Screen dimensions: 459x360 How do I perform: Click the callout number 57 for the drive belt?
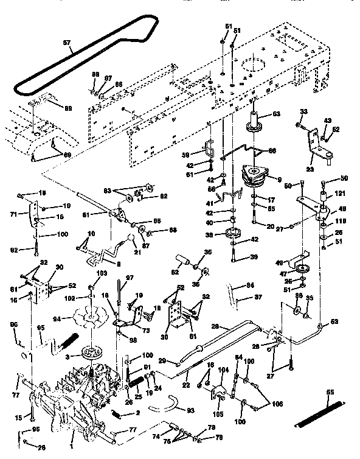[x=66, y=44]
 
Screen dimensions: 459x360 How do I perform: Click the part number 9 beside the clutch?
[x=279, y=179]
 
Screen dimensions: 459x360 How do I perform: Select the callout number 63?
[x=277, y=114]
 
